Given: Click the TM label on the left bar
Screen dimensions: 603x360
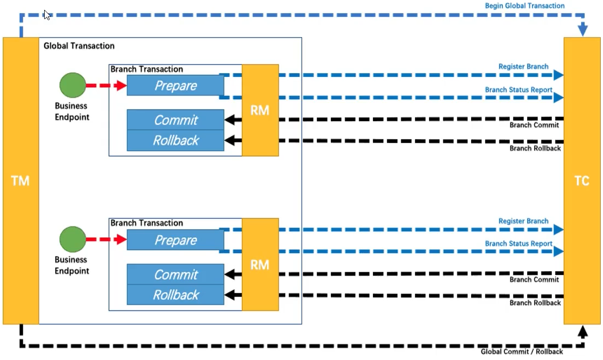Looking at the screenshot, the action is click(20, 181).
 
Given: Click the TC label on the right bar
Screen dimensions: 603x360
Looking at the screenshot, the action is click(582, 181).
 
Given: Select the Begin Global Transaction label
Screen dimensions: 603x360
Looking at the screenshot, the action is click(524, 6).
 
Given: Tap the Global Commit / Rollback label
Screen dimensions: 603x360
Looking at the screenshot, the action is click(521, 351).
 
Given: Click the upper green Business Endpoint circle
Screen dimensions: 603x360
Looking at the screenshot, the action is click(73, 85).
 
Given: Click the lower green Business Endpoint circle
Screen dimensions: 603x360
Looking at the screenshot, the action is click(73, 239).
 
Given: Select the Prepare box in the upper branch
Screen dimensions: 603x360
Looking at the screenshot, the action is click(176, 86).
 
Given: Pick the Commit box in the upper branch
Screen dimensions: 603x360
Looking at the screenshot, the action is click(176, 119).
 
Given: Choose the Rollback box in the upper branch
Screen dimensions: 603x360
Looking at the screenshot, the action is click(176, 140).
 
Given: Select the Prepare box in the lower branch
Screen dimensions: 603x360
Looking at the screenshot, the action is click(176, 240).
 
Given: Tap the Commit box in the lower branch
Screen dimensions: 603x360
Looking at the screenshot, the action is click(176, 274).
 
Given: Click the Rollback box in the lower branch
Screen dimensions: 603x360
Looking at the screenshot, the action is click(176, 295).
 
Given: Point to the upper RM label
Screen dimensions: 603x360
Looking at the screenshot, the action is click(260, 110).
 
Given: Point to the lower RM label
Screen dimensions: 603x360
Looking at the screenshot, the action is click(260, 265).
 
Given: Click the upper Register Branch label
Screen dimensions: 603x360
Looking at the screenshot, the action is click(523, 67).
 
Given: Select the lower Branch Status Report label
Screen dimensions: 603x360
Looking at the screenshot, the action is click(518, 243).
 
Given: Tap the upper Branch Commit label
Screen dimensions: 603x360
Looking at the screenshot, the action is click(534, 125).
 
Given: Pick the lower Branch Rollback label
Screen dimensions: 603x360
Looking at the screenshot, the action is click(535, 303).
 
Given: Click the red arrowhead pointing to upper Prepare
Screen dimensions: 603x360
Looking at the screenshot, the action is click(120, 85).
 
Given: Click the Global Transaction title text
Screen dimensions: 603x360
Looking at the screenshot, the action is click(79, 46).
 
